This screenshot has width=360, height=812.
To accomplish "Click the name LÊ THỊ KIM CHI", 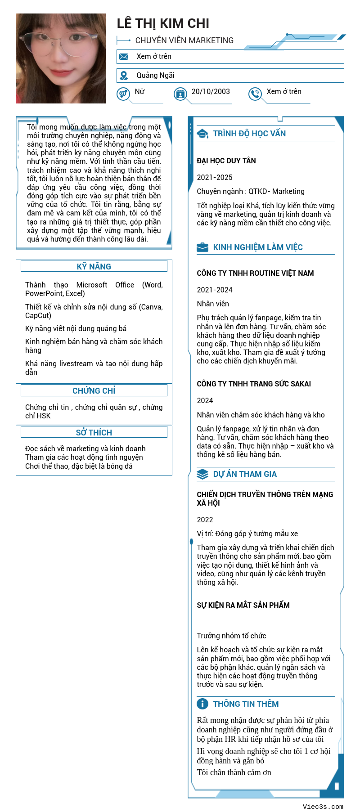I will click(x=163, y=23).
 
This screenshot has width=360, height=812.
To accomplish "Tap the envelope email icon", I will click(x=124, y=57).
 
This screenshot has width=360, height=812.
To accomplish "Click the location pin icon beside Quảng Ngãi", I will click(x=124, y=76).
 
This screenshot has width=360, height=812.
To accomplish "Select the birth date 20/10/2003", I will click(x=211, y=92).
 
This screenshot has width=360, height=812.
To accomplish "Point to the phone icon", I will click(x=255, y=94).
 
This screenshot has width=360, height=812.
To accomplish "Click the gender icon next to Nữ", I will click(x=123, y=94).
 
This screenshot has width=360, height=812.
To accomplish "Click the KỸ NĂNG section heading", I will click(x=94, y=266).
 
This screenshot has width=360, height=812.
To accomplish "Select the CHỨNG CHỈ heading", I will click(x=94, y=390).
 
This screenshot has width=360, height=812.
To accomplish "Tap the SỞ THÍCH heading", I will click(x=94, y=432).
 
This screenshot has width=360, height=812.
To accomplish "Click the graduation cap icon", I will click(x=203, y=134).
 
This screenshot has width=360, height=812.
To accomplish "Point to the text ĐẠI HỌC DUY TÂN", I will click(x=226, y=161).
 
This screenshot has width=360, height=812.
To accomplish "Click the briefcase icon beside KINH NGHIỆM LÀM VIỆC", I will click(x=202, y=247).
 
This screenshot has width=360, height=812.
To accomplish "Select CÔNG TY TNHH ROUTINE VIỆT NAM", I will click(x=255, y=273).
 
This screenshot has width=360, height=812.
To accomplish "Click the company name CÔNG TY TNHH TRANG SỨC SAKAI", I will click(x=254, y=384).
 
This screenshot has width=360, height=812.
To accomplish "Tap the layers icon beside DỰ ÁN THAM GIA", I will click(x=202, y=474).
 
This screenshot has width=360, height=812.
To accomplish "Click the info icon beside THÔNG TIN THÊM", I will click(x=202, y=704).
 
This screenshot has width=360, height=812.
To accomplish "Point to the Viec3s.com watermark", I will click(x=323, y=807).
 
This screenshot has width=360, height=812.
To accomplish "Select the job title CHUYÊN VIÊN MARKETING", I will click(x=184, y=40).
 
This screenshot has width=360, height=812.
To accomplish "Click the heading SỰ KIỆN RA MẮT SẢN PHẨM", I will click(x=243, y=605).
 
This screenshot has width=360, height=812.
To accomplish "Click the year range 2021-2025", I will click(x=215, y=177).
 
